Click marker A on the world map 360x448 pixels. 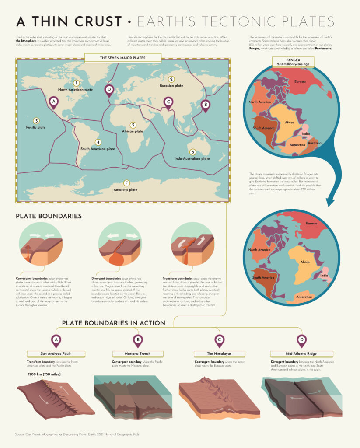pos(54,102)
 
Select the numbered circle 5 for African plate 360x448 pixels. pos(133,125)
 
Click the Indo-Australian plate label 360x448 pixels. pos(192,158)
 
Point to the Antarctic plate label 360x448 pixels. pos(126,190)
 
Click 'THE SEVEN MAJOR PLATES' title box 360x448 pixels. pos(123,58)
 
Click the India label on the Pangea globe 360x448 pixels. pos(306,133)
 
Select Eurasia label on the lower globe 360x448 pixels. pos(312,224)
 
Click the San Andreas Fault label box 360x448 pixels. pos(56,353)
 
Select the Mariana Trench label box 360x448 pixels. pos(138,353)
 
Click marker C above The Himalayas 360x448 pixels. pos(219,340)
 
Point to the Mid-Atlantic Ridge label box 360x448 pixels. pos(301,353)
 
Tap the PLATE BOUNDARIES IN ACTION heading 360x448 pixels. pos(114,323)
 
